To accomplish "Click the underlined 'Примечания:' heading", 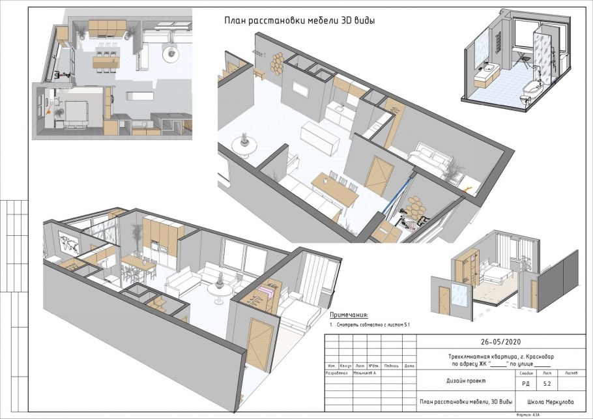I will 349,314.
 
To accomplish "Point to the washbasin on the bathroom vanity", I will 487,68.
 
